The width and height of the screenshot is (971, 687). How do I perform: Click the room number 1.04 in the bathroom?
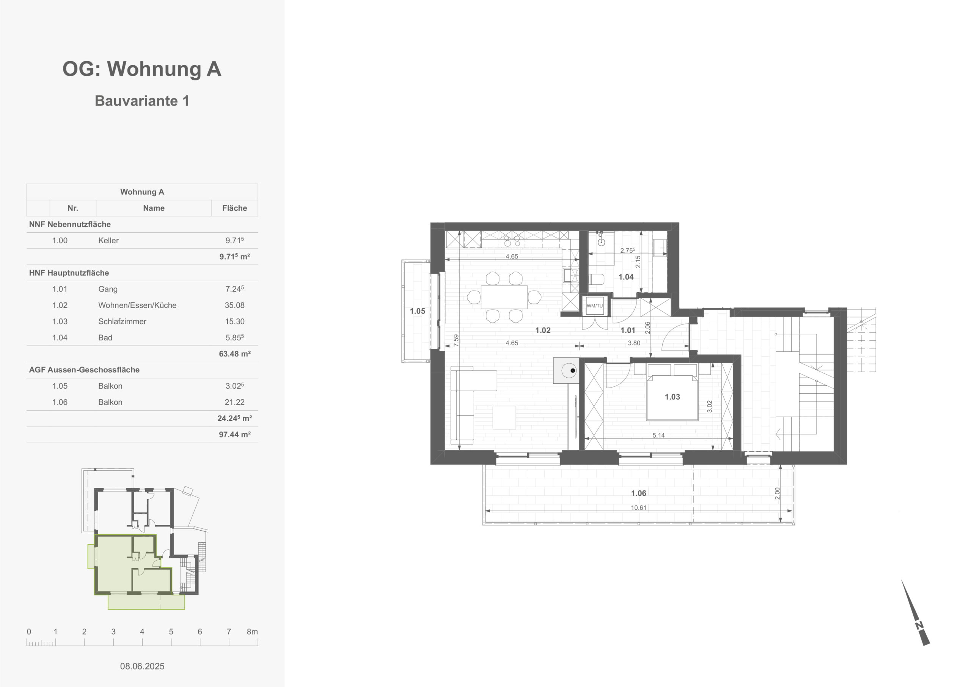[626, 277]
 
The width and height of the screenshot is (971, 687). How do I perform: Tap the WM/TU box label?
[595, 306]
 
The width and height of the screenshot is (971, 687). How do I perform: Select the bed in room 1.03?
[672, 392]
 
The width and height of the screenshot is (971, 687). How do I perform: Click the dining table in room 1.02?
[504, 297]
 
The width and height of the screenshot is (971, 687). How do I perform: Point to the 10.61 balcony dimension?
[639, 507]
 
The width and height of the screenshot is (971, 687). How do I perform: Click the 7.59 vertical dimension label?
[456, 340]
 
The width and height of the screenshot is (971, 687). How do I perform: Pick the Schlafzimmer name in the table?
[122, 321]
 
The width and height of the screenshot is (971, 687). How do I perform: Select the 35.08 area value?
[235, 305]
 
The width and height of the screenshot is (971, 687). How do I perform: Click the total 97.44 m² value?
[235, 434]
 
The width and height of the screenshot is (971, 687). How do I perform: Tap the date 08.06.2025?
[142, 666]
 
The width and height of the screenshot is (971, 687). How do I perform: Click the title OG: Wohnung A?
[142, 69]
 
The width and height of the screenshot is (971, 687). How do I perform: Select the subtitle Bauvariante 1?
[142, 101]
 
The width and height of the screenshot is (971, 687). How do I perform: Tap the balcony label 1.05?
[417, 311]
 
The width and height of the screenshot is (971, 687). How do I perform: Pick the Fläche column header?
[235, 208]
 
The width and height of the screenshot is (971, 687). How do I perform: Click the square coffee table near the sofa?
[504, 418]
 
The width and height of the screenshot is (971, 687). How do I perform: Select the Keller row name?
[108, 240]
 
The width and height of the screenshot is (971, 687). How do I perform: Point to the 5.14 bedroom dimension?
[658, 435]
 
